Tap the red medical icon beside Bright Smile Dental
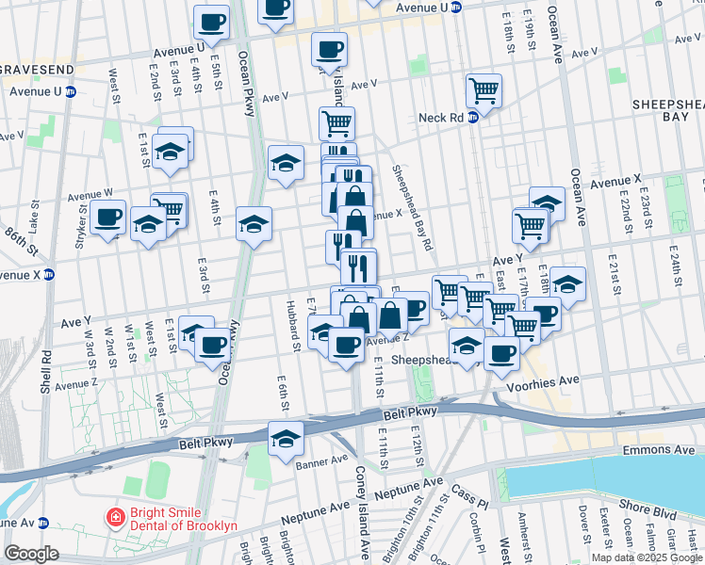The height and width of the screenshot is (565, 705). tap(115, 517)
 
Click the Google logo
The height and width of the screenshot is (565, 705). tap(31, 554)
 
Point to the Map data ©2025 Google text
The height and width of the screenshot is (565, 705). tap(647, 557)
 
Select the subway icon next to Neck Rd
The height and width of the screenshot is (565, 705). tap(474, 118)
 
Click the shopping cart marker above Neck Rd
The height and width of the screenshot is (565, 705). tap(484, 91)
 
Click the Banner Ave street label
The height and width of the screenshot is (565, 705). tap(321, 461)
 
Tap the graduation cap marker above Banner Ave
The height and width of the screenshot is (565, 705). tap(286, 439)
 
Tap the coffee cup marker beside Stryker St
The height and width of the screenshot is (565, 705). tap(107, 218)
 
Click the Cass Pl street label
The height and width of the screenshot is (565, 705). tap(463, 495)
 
